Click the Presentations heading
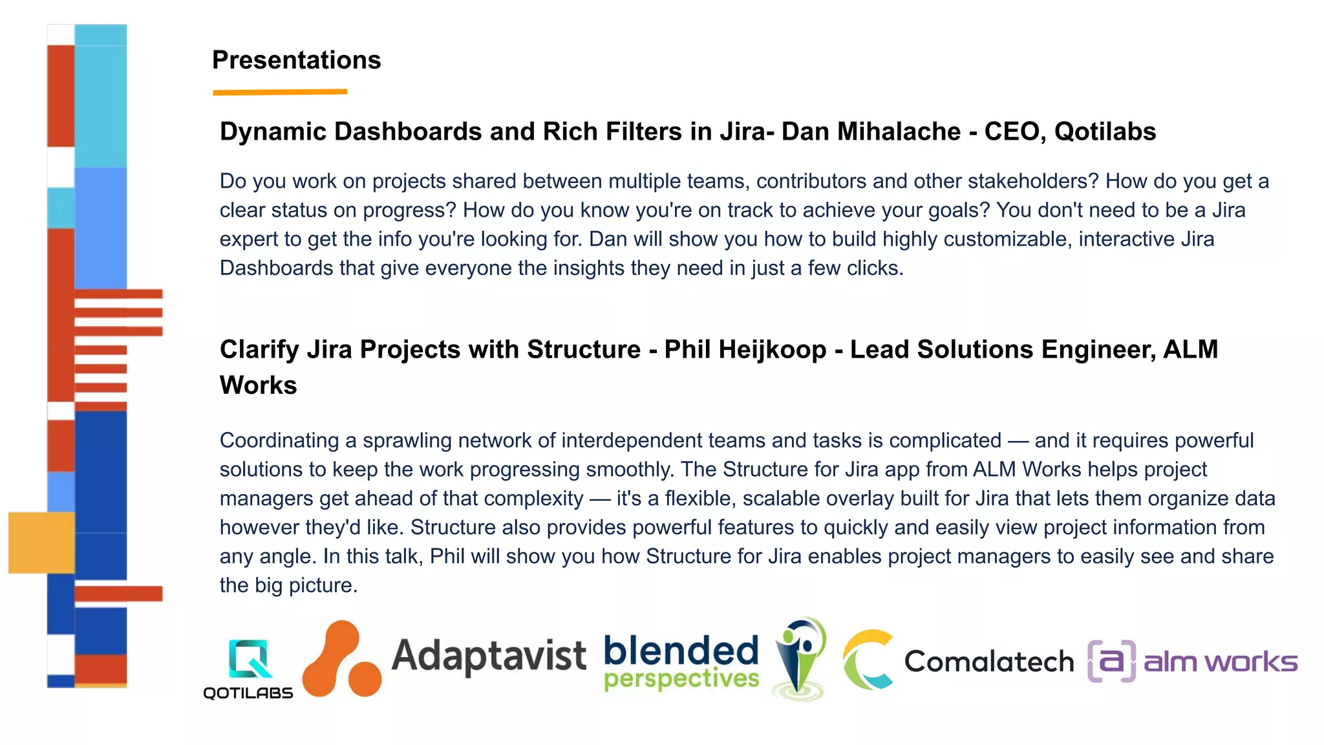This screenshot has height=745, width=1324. (x=296, y=60)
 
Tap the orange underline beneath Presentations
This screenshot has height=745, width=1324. (x=280, y=92)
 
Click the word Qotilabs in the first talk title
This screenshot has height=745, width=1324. (x=1105, y=131)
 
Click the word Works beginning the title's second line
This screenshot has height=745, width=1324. (x=258, y=385)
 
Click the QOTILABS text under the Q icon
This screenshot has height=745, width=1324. (x=248, y=693)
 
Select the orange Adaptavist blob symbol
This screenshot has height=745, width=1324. (x=341, y=660)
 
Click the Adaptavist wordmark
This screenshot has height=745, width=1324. (x=489, y=656)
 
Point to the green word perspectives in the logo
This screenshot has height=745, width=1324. (x=681, y=679)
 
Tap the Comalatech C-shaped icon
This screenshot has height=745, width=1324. (x=867, y=660)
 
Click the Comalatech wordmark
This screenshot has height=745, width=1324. (x=988, y=662)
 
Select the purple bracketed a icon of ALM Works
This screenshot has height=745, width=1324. (x=1111, y=661)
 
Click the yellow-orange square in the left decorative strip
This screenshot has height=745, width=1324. (x=41, y=543)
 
